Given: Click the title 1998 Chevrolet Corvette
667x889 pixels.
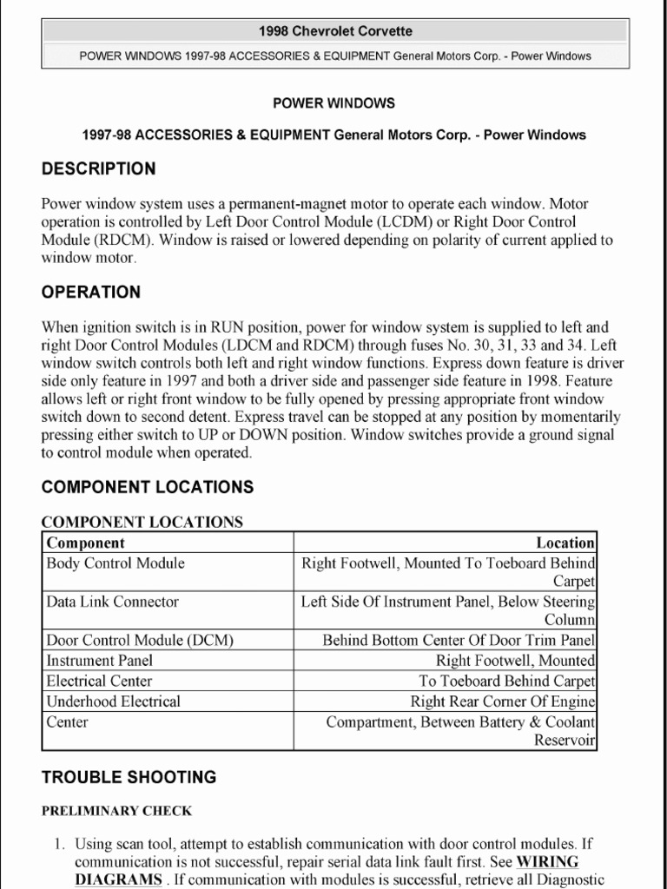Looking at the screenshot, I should coord(334,31).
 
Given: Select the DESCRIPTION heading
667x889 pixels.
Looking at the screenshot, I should coord(98,168).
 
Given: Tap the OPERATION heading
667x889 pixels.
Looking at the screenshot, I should coord(90,292).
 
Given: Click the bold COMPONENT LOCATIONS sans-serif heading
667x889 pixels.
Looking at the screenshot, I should coord(148,487).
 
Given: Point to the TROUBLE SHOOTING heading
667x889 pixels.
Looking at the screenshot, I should coord(129,777).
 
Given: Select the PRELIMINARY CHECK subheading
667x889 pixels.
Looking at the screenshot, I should coord(116,811).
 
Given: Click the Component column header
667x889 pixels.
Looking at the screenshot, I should coord(85,543).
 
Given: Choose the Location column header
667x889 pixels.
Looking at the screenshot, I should coord(565,543).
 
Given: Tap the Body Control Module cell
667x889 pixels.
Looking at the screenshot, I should coord(115,563).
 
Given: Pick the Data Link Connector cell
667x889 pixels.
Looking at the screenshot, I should coord(112,601).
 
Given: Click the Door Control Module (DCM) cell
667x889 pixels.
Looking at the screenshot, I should coord(139,640).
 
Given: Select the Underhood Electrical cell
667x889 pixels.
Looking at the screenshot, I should coord(113,701).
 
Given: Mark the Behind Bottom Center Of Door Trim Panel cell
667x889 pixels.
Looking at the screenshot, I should coord(459,640).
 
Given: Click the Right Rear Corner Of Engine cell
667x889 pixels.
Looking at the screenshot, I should coord(503,701).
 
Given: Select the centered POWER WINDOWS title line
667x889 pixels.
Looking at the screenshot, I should coord(333,103).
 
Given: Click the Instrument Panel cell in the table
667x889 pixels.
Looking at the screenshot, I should coord(99,660).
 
